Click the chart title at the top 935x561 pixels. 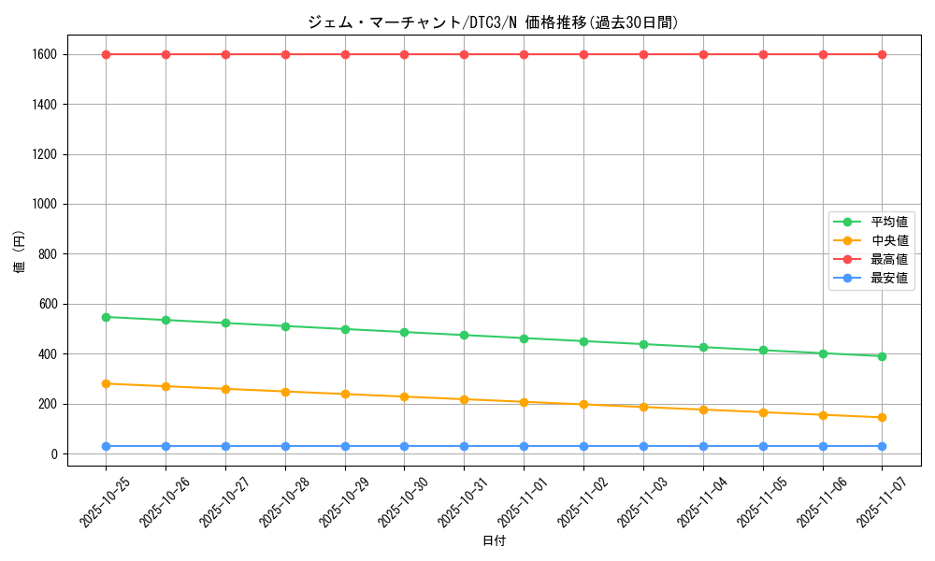pyautogui.click(x=493, y=22)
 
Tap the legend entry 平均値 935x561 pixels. pyautogui.click(x=888, y=223)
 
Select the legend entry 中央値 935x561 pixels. pyautogui.click(x=888, y=241)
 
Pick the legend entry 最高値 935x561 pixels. pyautogui.click(x=888, y=259)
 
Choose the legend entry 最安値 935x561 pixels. pyautogui.click(x=888, y=278)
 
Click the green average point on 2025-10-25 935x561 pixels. pyautogui.click(x=106, y=317)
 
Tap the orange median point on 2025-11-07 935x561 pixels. pyautogui.click(x=882, y=418)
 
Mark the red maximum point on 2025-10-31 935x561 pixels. pyautogui.click(x=464, y=54)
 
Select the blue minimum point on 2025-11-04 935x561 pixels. pyautogui.click(x=703, y=446)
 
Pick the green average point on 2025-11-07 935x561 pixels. pyautogui.click(x=882, y=356)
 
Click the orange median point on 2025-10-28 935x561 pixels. pyautogui.click(x=285, y=392)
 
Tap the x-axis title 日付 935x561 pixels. pyautogui.click(x=494, y=541)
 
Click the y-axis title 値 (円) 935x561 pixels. pyautogui.click(x=20, y=254)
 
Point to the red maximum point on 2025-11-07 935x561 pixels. pyautogui.click(x=882, y=54)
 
